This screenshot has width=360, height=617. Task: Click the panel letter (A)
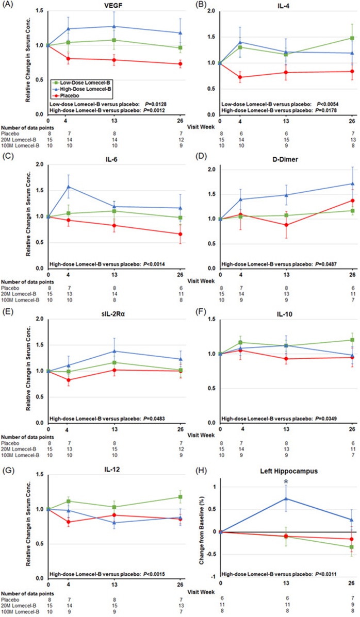(9, 4)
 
